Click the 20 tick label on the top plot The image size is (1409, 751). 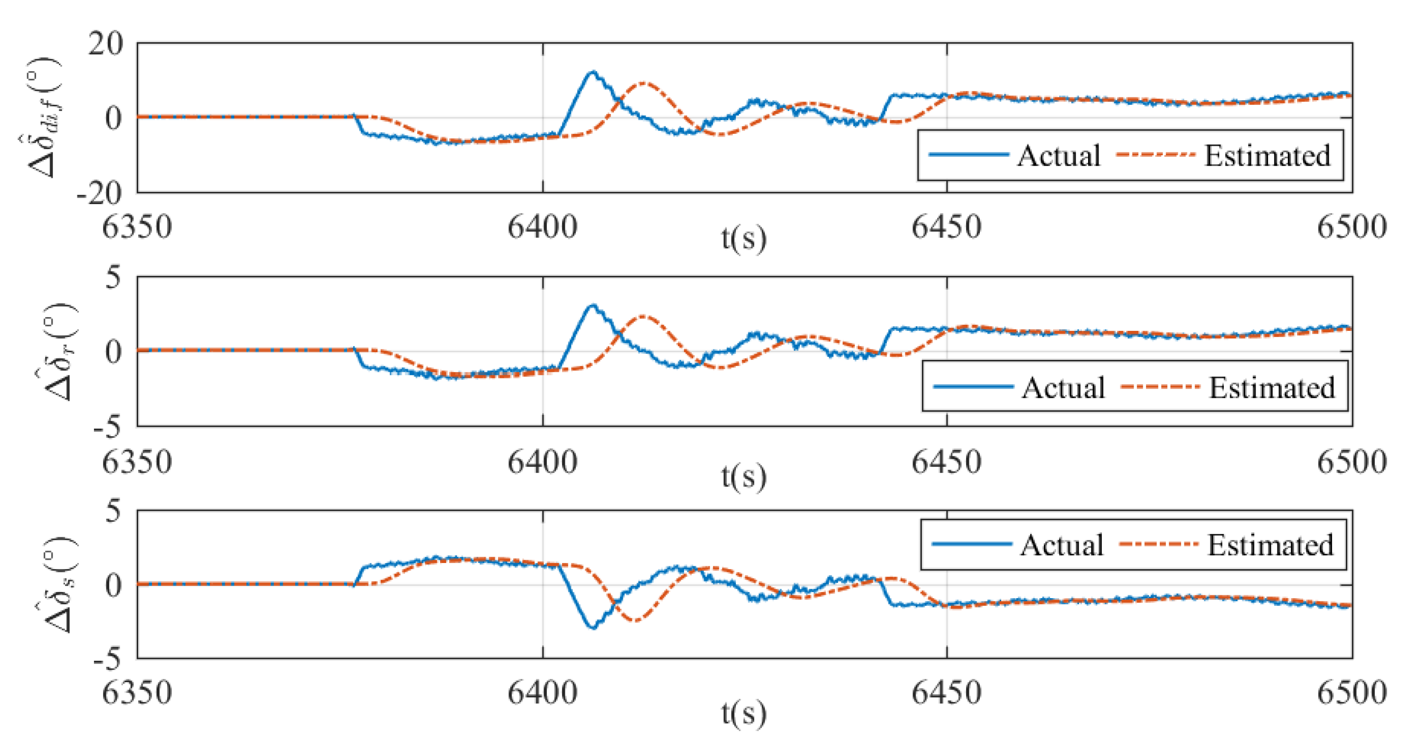[105, 43]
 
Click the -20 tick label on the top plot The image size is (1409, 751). [100, 193]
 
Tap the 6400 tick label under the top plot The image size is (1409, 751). [542, 227]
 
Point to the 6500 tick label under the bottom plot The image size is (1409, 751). [1352, 693]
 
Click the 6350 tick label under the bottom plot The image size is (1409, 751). [137, 693]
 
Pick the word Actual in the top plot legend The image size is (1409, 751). [1059, 155]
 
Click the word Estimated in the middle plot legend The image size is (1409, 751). [1272, 388]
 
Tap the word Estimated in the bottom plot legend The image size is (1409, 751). [1270, 545]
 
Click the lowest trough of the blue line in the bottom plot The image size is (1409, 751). [593, 628]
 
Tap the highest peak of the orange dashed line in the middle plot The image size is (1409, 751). [643, 316]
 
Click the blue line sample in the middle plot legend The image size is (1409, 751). [974, 387]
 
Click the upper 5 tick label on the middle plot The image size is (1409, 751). [113, 277]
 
